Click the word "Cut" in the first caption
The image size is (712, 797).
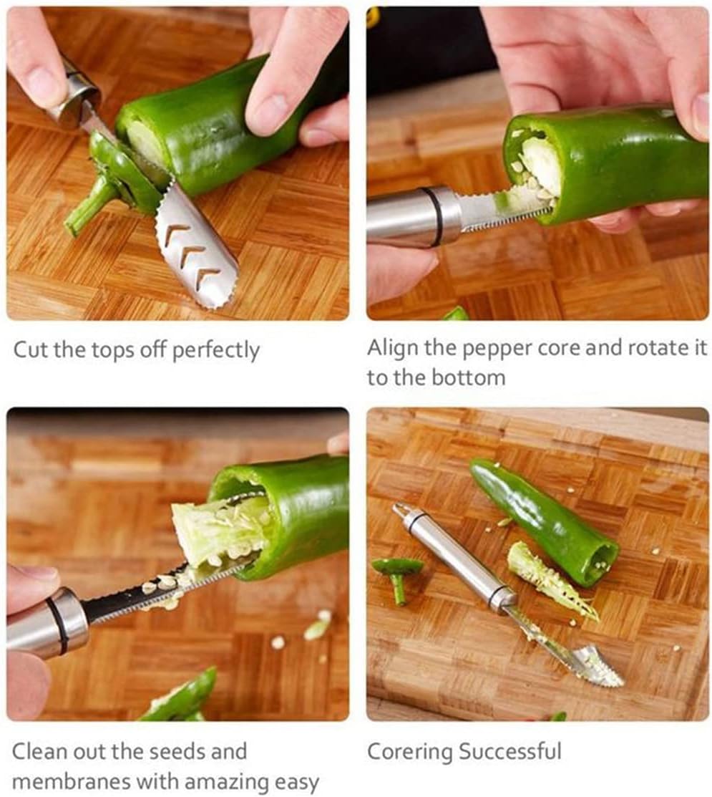[x=31, y=350]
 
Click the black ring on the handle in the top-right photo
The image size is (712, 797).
[x=434, y=215]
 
